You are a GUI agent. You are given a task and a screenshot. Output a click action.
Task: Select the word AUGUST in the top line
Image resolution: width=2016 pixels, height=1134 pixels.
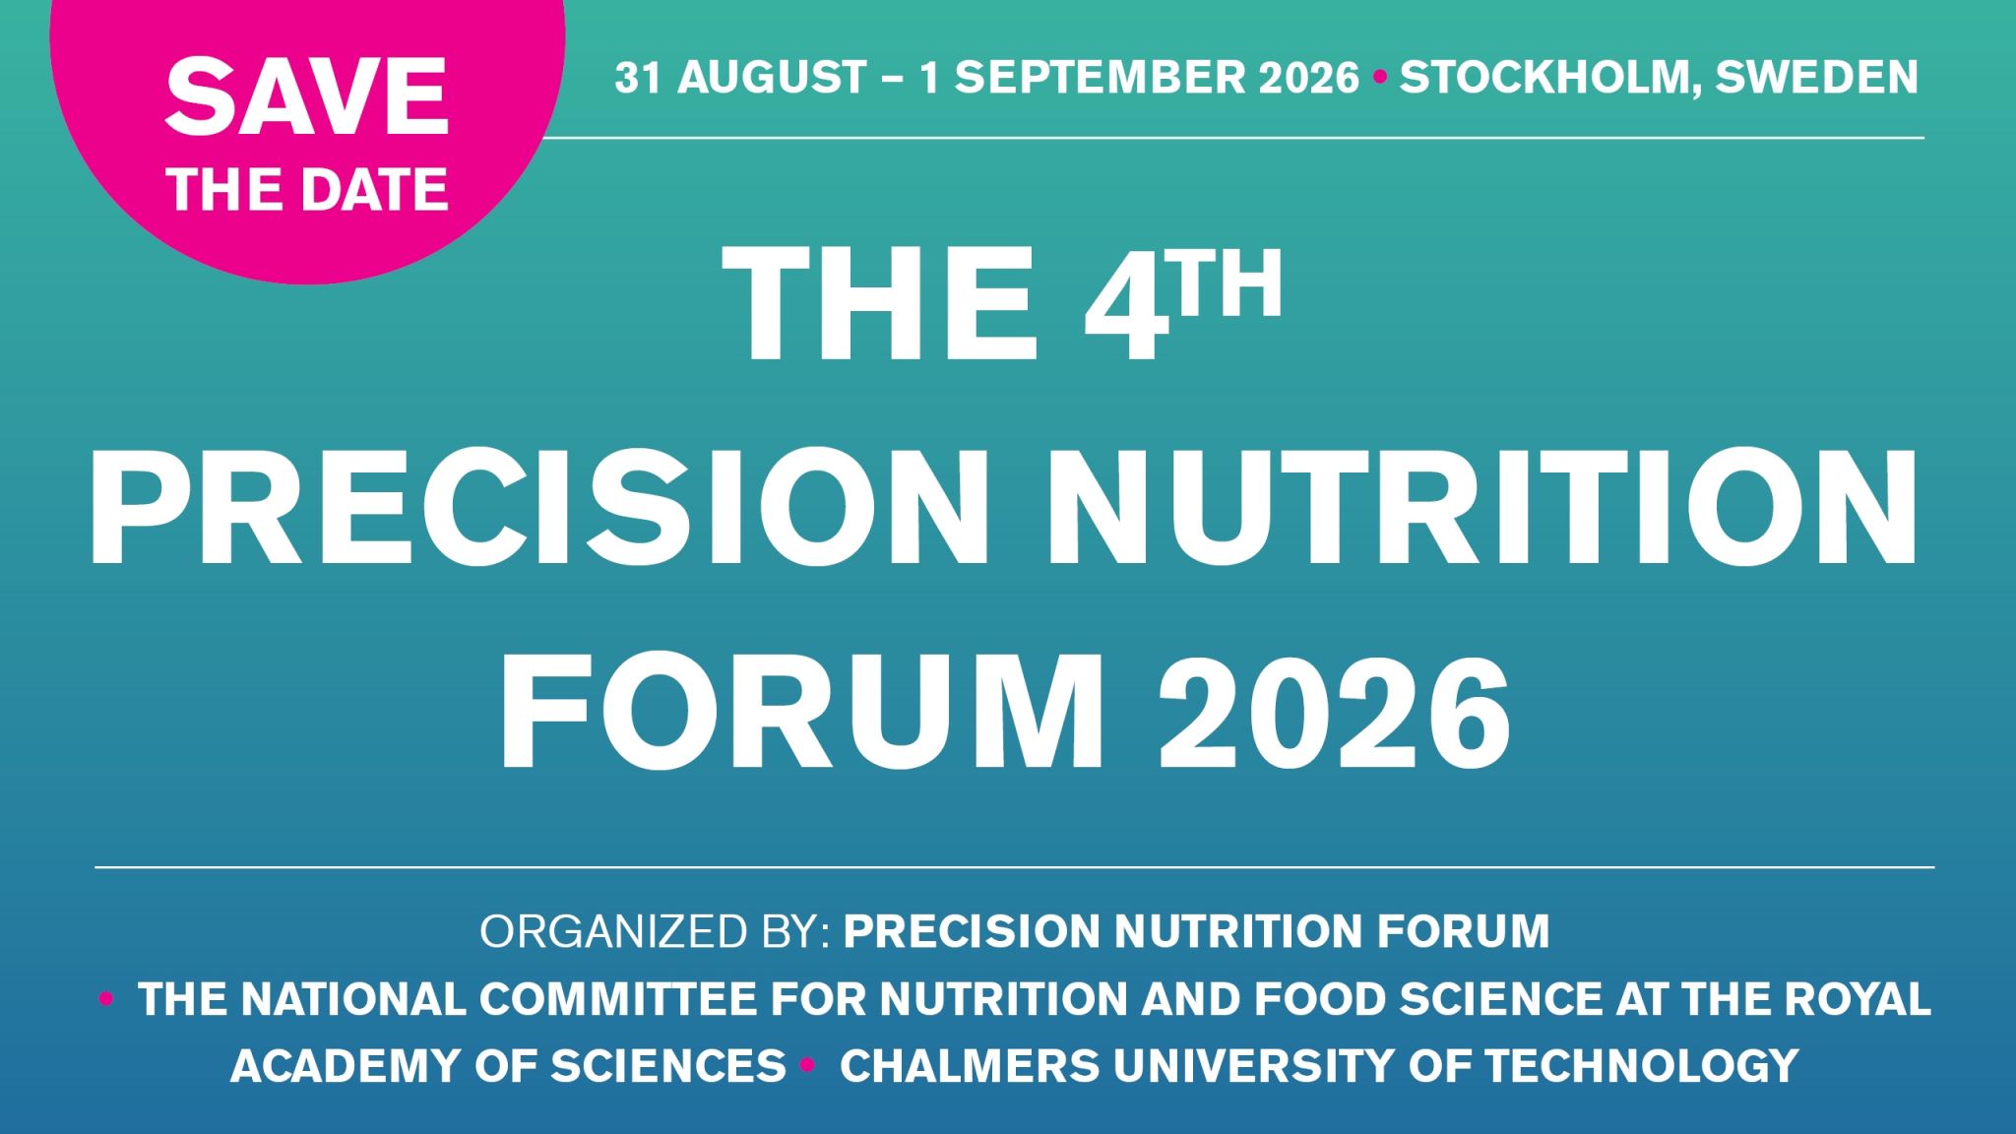tap(771, 77)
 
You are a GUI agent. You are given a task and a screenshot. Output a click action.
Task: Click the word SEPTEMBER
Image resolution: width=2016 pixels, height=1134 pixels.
tap(1157, 77)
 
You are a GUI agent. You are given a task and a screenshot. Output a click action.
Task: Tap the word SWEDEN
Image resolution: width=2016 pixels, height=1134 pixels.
tap(1817, 77)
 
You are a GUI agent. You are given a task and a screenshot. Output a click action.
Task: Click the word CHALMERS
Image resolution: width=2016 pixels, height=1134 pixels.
tap(969, 1065)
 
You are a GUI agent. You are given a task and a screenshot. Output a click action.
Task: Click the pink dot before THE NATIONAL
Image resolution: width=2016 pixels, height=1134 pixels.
tap(106, 999)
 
